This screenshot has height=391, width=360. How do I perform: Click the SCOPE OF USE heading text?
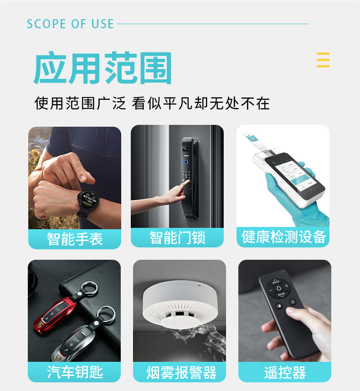point(70,24)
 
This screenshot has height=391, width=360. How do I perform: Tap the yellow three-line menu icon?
point(323,60)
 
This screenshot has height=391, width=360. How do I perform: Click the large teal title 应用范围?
point(103,68)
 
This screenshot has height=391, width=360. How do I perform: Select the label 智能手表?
point(75,239)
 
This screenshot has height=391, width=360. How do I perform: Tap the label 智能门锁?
point(177,237)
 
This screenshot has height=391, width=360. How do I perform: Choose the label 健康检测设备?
point(283,237)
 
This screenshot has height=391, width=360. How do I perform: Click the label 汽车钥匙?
point(75,372)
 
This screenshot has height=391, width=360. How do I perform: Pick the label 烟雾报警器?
point(181,373)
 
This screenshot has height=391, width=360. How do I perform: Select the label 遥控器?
point(285,373)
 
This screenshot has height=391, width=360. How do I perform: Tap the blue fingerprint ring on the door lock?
point(186,162)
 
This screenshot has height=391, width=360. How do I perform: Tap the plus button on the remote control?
point(287,286)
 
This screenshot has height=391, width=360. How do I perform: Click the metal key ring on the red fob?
point(89,289)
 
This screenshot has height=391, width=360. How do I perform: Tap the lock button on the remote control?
point(293,302)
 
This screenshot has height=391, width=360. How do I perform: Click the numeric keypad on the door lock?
point(186,175)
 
